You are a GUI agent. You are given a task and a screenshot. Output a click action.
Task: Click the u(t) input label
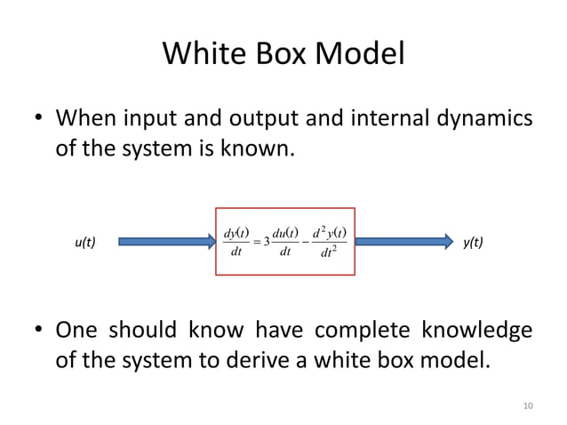pyautogui.click(x=84, y=242)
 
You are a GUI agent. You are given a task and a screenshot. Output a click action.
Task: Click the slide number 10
pyautogui.click(x=528, y=406)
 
